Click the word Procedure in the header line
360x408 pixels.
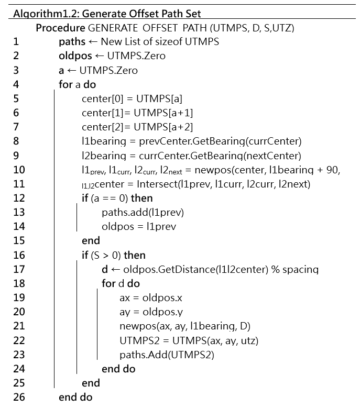[60, 28]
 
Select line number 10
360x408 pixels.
[19, 170]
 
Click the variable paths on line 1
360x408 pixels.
[72, 41]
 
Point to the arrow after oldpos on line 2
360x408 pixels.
[100, 56]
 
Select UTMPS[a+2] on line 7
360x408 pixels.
[163, 127]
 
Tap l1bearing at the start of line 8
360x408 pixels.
[104, 141]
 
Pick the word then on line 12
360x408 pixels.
[141, 198]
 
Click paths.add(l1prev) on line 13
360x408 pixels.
[143, 212]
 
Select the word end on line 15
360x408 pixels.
[91, 240]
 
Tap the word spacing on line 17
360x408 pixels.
[300, 270]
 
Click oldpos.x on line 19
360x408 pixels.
[162, 297]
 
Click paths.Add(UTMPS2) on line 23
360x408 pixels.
[167, 355]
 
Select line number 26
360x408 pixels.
[19, 397]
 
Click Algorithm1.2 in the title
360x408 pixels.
[46, 14]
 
